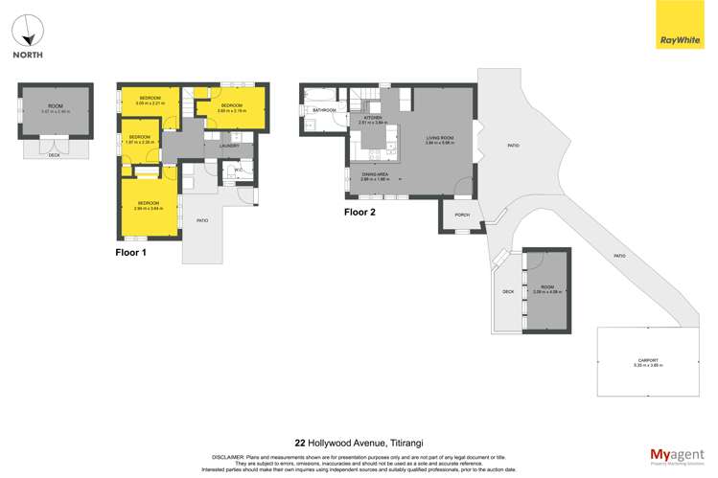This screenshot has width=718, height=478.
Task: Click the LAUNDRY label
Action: pyautogui.click(x=230, y=146)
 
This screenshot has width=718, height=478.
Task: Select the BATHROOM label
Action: pyautogui.click(x=324, y=110)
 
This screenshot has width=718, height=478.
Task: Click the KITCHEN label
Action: pyautogui.click(x=371, y=118)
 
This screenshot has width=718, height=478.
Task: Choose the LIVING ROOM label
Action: pyautogui.click(x=440, y=137)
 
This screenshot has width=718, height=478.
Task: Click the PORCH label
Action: pyautogui.click(x=460, y=215)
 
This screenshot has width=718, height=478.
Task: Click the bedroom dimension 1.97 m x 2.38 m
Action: pyautogui.click(x=140, y=143)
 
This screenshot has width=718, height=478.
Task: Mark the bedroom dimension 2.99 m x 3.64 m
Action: pyautogui.click(x=149, y=208)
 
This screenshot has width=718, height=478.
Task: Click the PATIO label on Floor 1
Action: pyautogui.click(x=202, y=221)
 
